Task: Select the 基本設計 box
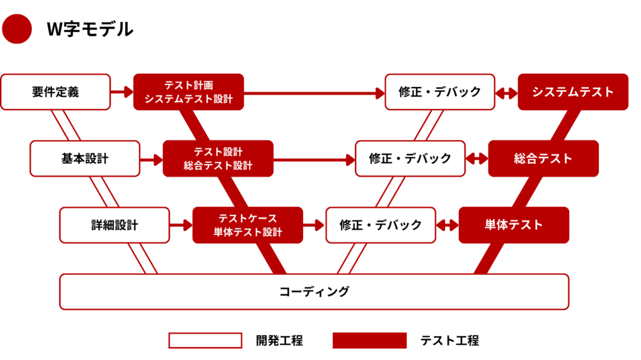pos(85,158)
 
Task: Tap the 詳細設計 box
pos(115,225)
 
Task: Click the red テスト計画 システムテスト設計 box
pos(188,92)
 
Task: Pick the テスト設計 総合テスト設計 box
pos(218,158)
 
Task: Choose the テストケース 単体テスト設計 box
pos(247,225)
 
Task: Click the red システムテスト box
pos(573,92)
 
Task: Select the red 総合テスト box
pos(543,158)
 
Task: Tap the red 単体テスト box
pos(514,225)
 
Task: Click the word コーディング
pos(314,291)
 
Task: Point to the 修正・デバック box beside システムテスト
pos(440,92)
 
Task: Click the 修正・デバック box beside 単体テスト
pos(381,225)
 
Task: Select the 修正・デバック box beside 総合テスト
pos(410,158)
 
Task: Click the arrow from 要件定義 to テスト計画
pos(122,92)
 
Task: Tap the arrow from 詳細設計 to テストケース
pos(182,225)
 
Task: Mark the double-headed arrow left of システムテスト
pos(506,92)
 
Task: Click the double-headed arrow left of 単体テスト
pos(448,225)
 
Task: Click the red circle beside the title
pos(17,29)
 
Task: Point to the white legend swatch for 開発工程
pos(205,341)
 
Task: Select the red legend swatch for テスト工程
pos(369,341)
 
